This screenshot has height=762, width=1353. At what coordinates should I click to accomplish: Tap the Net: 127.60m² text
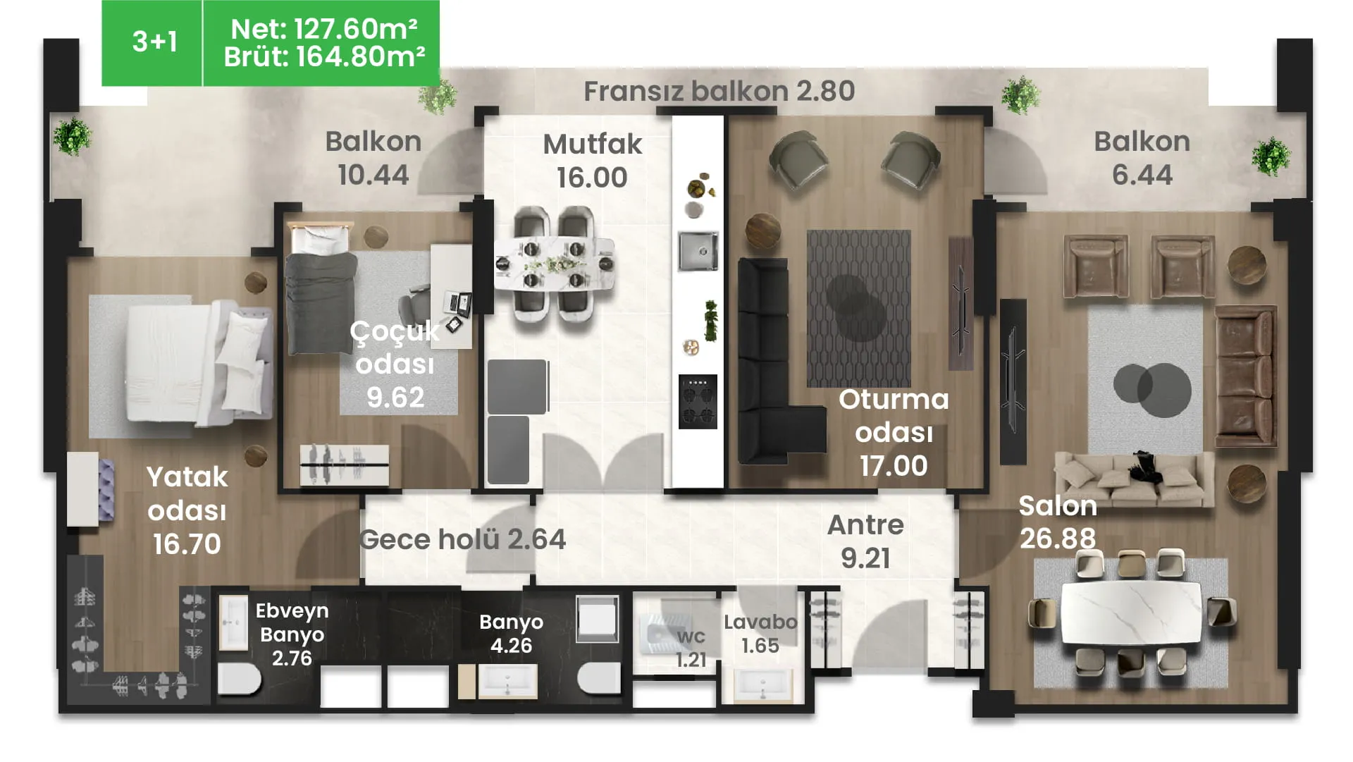pyautogui.click(x=324, y=29)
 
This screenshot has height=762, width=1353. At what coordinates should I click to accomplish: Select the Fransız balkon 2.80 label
pyautogui.click(x=719, y=91)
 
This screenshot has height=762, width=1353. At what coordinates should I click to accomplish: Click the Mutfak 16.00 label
pyautogui.click(x=592, y=161)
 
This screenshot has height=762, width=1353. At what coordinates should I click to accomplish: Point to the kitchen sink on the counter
pyautogui.click(x=698, y=251)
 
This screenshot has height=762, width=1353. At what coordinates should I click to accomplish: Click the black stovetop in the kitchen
pyautogui.click(x=698, y=402)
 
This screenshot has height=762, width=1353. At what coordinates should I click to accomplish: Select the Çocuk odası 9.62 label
pyautogui.click(x=395, y=364)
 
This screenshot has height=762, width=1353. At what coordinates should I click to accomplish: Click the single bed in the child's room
pyautogui.click(x=321, y=289)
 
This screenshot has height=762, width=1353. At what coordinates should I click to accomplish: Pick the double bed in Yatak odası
pyautogui.click(x=198, y=363)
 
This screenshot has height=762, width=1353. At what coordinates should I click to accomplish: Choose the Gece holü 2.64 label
pyautogui.click(x=462, y=539)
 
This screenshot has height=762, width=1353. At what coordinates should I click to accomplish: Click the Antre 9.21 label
pyautogui.click(x=865, y=541)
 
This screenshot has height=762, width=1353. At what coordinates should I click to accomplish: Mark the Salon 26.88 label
pyautogui.click(x=1058, y=522)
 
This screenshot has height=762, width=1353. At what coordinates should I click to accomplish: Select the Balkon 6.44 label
pyautogui.click(x=1142, y=158)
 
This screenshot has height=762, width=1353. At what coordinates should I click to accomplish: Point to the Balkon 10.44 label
pyautogui.click(x=373, y=158)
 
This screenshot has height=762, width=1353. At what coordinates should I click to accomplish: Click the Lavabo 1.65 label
pyautogui.click(x=760, y=634)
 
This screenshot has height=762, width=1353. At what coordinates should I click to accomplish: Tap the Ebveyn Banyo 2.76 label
pyautogui.click(x=292, y=634)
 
